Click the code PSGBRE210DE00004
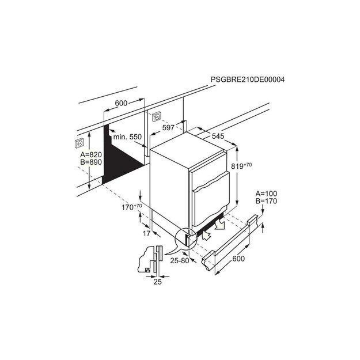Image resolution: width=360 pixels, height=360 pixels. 248,79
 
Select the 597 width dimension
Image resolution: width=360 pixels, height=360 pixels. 168,128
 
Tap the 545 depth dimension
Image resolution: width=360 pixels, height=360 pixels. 218,136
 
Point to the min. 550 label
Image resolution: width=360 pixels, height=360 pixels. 127,137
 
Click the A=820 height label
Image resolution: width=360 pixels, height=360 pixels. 91,154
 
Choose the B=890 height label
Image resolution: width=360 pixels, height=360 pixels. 91,162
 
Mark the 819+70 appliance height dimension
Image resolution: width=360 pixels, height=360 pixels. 241,165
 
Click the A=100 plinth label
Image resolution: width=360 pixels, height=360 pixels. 266,194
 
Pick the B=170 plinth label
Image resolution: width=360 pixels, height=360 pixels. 266,201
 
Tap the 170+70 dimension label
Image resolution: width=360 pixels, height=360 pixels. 131,207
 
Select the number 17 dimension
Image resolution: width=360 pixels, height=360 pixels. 146,233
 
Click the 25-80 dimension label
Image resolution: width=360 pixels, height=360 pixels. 180,260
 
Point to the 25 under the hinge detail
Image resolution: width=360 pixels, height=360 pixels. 157,282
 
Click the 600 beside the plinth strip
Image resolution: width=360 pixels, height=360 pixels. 238,259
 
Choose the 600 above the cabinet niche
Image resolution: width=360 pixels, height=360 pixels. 121,103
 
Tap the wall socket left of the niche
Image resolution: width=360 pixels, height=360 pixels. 79,143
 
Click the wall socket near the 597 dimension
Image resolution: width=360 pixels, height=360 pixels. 157,116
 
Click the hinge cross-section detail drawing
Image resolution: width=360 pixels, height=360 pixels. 150,259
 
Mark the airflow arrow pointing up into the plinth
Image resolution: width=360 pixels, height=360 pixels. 206,236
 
